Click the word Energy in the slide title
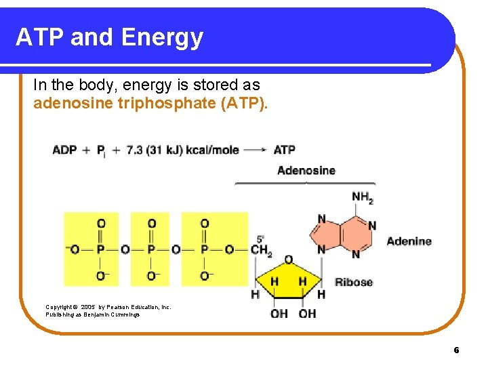click(x=169, y=37)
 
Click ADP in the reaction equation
click(x=64, y=150)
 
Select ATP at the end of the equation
click(x=285, y=150)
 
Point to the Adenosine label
click(x=306, y=170)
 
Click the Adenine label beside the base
click(x=409, y=241)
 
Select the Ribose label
click(x=354, y=282)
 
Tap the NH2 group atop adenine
click(x=363, y=198)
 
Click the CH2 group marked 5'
click(x=261, y=250)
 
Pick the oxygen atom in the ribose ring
click(x=288, y=260)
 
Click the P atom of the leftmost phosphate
click(x=100, y=249)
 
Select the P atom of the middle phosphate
click(x=151, y=249)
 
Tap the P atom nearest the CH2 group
click(x=204, y=249)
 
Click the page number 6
click(x=456, y=350)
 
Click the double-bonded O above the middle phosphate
click(x=151, y=223)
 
